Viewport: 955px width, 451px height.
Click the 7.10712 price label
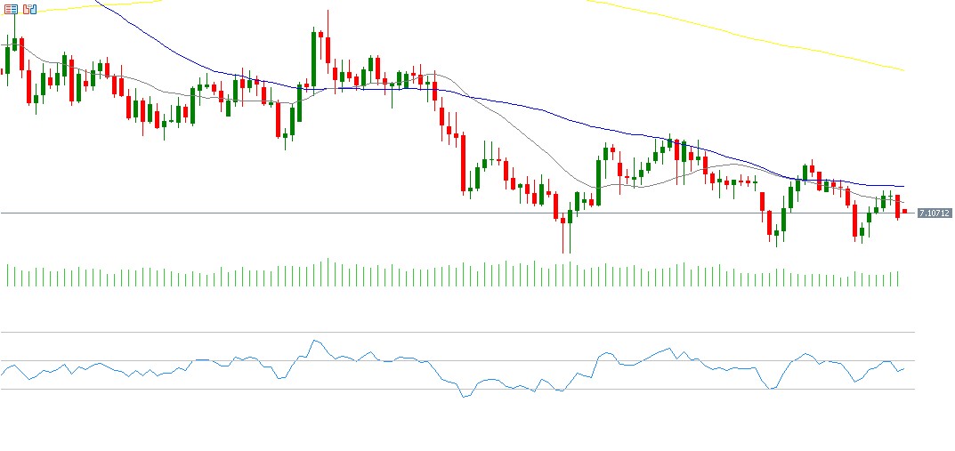click(x=935, y=213)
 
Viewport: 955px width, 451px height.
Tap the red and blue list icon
click(x=12, y=9)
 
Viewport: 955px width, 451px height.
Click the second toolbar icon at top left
click(x=29, y=9)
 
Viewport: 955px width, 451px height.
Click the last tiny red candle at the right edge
click(x=904, y=212)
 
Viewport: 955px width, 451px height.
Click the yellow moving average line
click(x=757, y=39)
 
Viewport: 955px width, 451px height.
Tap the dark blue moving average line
click(x=534, y=111)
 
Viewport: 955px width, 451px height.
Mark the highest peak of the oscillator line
click(x=314, y=340)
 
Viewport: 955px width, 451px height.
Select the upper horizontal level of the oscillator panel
click(x=445, y=333)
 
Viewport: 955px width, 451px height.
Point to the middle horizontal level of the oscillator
click(x=134, y=360)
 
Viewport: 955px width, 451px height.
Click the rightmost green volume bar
click(x=898, y=278)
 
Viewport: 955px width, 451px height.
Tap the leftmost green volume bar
click(x=7, y=275)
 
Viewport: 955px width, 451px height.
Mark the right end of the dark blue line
click(x=902, y=186)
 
